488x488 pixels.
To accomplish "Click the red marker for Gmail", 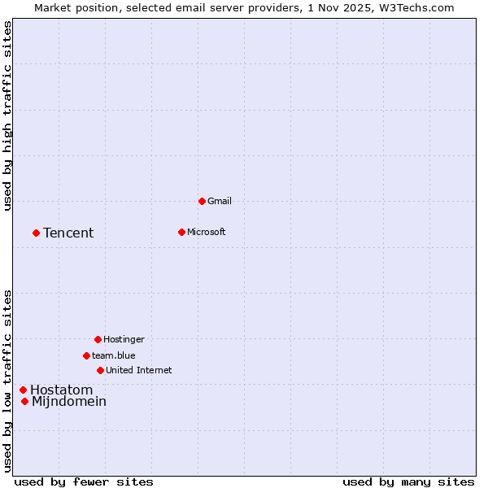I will coord(202,201).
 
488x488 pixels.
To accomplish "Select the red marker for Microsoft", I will coord(181,232).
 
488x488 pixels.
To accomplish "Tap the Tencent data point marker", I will coord(36,233).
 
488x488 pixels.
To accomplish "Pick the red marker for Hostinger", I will coord(98,339).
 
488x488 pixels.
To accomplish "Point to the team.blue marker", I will coord(86,355).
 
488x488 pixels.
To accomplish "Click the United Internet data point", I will coord(100,370).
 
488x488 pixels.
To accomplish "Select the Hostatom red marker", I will coord(23,390).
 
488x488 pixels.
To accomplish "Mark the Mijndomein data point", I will coord(24,401).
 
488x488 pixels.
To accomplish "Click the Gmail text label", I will coord(220,201).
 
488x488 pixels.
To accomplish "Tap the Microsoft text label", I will coord(207,232).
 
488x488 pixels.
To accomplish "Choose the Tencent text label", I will coord(68,233).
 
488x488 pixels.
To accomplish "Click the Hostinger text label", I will coord(124,339).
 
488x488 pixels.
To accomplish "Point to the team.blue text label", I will coord(114,355).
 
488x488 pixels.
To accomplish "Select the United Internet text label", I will coord(139,370).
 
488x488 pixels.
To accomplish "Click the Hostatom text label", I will coord(61,390).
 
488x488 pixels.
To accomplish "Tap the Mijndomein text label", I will coord(69,401).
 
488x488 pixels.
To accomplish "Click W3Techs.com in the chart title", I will coord(415,7).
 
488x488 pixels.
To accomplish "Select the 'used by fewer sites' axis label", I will coord(84,481).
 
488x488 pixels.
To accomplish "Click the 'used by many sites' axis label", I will coord(408,481).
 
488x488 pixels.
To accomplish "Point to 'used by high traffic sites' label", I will coord(7,115).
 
